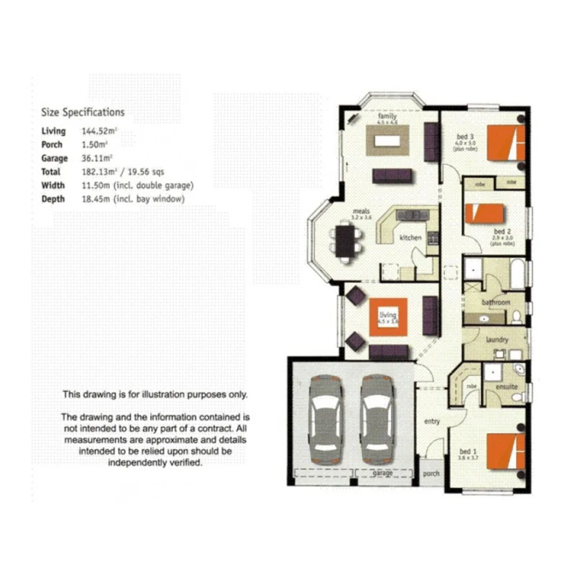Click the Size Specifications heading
(83, 113)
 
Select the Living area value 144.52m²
(99, 131)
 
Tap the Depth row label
(53, 199)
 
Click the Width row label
(53, 186)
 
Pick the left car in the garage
(324, 419)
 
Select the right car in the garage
(377, 419)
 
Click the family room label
(387, 116)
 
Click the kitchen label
(411, 237)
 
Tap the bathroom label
(496, 302)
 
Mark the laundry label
(497, 340)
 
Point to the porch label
(431, 474)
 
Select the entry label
(431, 422)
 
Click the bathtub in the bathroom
(517, 274)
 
